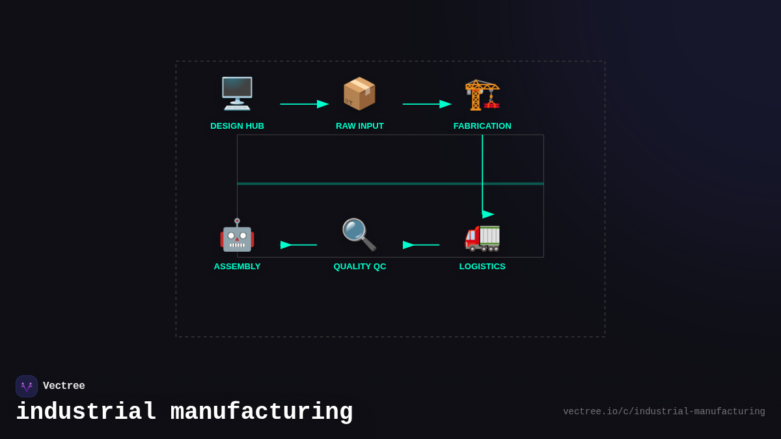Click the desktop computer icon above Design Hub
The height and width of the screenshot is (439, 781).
(237, 94)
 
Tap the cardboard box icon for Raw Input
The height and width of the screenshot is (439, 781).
(359, 94)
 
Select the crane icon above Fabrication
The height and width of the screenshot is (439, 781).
(482, 94)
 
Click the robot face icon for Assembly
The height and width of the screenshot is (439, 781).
(237, 235)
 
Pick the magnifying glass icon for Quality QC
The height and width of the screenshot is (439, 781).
(359, 235)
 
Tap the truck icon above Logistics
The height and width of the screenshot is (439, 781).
(482, 235)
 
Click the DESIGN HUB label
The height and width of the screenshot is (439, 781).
(237, 126)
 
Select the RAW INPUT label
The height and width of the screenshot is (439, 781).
(360, 126)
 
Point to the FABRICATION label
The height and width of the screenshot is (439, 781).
(482, 126)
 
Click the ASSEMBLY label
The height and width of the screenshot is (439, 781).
(237, 267)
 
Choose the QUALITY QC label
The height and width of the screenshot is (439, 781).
(360, 267)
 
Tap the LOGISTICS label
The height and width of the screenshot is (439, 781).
(482, 267)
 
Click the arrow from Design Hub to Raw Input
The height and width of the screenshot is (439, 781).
(304, 104)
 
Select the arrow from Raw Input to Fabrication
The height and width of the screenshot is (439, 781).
(426, 104)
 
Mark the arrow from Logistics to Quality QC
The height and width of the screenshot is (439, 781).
(421, 245)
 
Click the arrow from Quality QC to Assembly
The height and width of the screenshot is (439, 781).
(299, 245)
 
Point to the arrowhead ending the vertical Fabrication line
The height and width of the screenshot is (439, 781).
(487, 214)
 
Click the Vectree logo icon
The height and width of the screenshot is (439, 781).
(27, 386)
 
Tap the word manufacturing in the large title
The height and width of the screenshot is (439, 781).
(262, 412)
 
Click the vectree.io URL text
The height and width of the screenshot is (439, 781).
(664, 412)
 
